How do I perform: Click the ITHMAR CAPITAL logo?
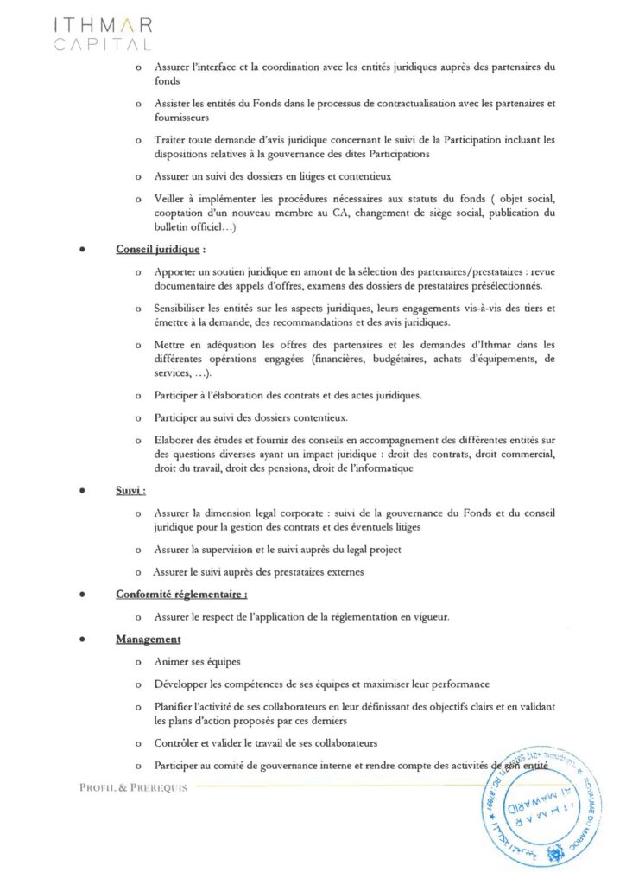pyautogui.click(x=102, y=34)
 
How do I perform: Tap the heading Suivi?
pyautogui.click(x=130, y=490)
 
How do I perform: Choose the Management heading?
pyautogui.click(x=148, y=639)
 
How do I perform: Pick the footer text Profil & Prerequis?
pyautogui.click(x=133, y=787)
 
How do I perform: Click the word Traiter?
pyautogui.click(x=170, y=139)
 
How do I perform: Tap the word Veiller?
pyautogui.click(x=171, y=199)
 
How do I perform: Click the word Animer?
pyautogui.click(x=172, y=661)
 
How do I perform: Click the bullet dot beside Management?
pyautogui.click(x=81, y=640)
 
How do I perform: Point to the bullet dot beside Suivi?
pyautogui.click(x=81, y=491)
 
